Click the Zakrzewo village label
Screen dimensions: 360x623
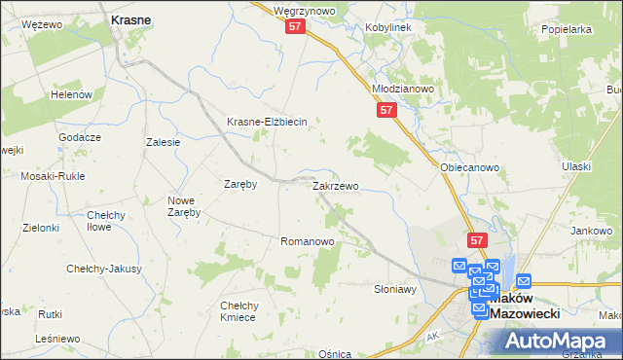336,186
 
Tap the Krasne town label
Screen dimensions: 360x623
130,19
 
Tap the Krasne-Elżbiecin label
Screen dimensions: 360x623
267,122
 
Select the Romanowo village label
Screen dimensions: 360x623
308,240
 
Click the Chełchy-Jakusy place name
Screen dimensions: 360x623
104,269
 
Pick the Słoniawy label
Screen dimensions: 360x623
395,289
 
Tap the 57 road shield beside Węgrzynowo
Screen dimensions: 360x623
297,29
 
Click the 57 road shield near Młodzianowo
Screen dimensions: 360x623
386,111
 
